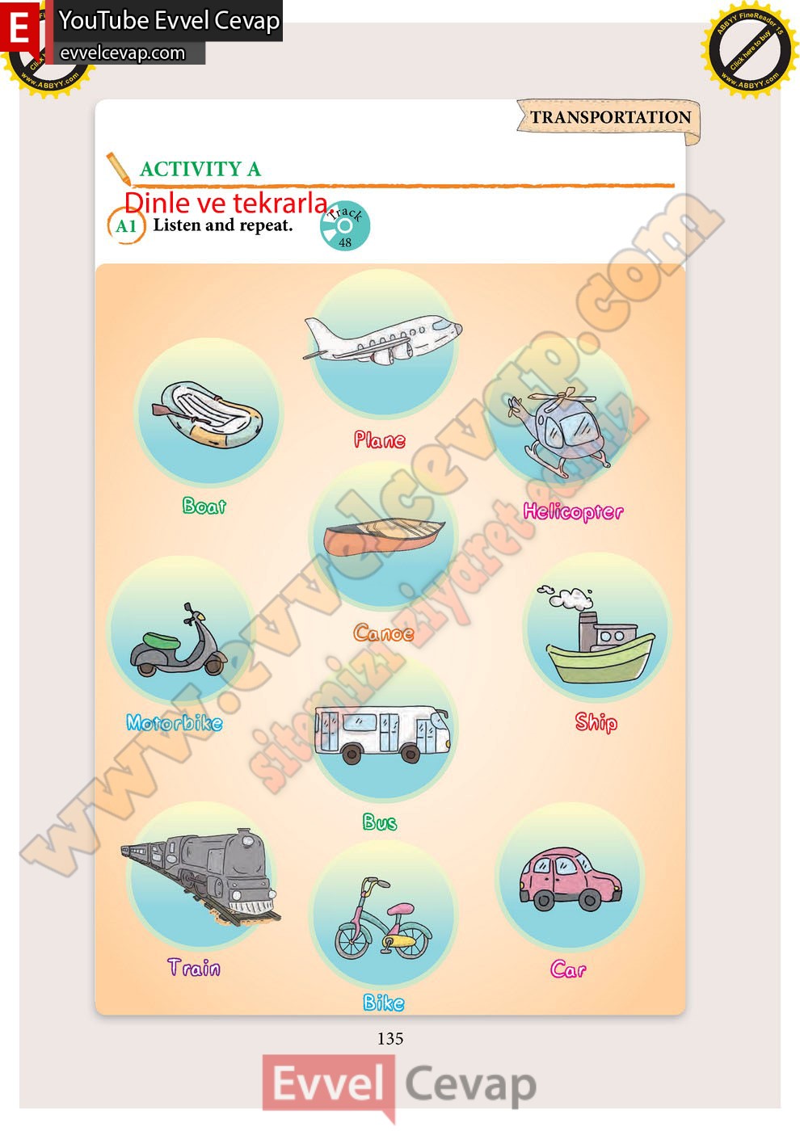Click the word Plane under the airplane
point(379,439)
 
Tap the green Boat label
point(204,506)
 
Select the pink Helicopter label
point(573,512)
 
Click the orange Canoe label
point(383,633)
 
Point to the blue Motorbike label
point(175,722)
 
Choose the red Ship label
point(596,722)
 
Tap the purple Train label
point(194,968)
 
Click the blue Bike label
point(383,1003)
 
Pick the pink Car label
point(568,969)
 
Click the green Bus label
point(380,822)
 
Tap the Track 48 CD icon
point(345,225)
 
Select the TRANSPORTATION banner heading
point(611,117)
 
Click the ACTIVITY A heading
point(200,169)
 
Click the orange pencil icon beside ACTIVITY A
point(119,169)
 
